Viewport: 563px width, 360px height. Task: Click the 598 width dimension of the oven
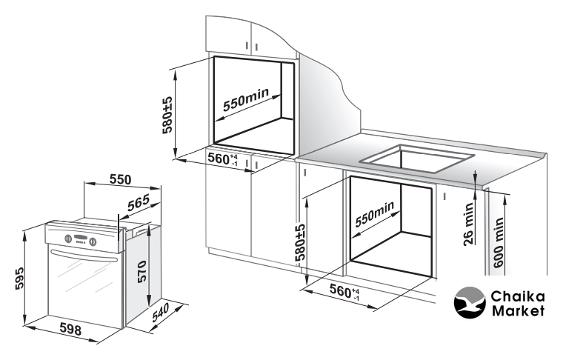pyautogui.click(x=70, y=329)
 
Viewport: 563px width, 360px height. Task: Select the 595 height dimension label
pyautogui.click(x=19, y=278)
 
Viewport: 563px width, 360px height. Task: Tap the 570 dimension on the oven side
pyautogui.click(x=142, y=272)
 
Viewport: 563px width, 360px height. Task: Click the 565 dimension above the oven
pyautogui.click(x=139, y=203)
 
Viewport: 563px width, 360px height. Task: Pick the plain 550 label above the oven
pyautogui.click(x=120, y=179)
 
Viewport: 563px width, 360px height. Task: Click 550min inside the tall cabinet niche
pyautogui.click(x=246, y=99)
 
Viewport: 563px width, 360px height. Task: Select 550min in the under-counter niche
pyautogui.click(x=375, y=214)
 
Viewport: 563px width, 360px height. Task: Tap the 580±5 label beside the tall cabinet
pyautogui.click(x=167, y=115)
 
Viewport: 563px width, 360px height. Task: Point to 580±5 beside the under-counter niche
pyautogui.click(x=300, y=242)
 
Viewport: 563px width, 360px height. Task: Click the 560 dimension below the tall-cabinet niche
pyautogui.click(x=223, y=159)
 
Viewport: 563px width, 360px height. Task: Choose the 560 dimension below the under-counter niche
pyautogui.click(x=344, y=291)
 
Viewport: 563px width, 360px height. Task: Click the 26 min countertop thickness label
pyautogui.click(x=469, y=224)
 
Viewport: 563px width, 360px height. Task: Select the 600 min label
pyautogui.click(x=499, y=242)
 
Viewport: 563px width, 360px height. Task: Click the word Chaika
pyautogui.click(x=518, y=296)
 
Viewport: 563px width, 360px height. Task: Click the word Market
pyautogui.click(x=518, y=310)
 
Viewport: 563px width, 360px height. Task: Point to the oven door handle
pyautogui.click(x=85, y=256)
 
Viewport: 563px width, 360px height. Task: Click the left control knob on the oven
pyautogui.click(x=68, y=239)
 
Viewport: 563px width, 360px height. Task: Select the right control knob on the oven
pyautogui.click(x=93, y=241)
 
